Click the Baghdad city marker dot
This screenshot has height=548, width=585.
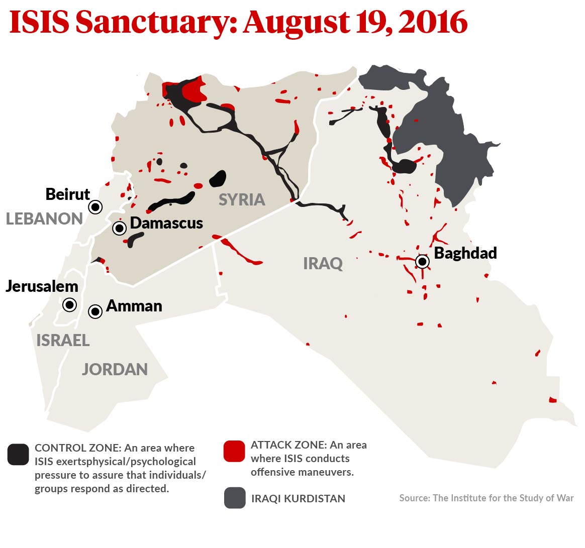point(423,262)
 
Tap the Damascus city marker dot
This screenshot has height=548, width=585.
point(119,229)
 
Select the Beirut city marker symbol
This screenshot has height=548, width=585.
point(95,207)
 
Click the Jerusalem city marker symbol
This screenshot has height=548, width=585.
point(69,304)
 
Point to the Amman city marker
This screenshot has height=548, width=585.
point(95,311)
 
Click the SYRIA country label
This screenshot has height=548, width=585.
point(242,199)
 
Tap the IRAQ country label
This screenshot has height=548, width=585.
point(323,263)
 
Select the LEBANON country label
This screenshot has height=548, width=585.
point(44,219)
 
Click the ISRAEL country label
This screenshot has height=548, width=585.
point(63,340)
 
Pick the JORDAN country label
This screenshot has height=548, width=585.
point(115,369)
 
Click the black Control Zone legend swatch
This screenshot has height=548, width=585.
point(18,455)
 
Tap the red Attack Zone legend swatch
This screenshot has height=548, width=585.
point(234,451)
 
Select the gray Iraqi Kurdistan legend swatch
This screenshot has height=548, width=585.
point(235,498)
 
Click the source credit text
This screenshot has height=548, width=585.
point(486,498)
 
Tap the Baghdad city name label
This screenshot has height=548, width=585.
point(465,253)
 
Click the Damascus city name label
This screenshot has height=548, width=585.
point(166,223)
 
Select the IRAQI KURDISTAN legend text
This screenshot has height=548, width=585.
point(298,499)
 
